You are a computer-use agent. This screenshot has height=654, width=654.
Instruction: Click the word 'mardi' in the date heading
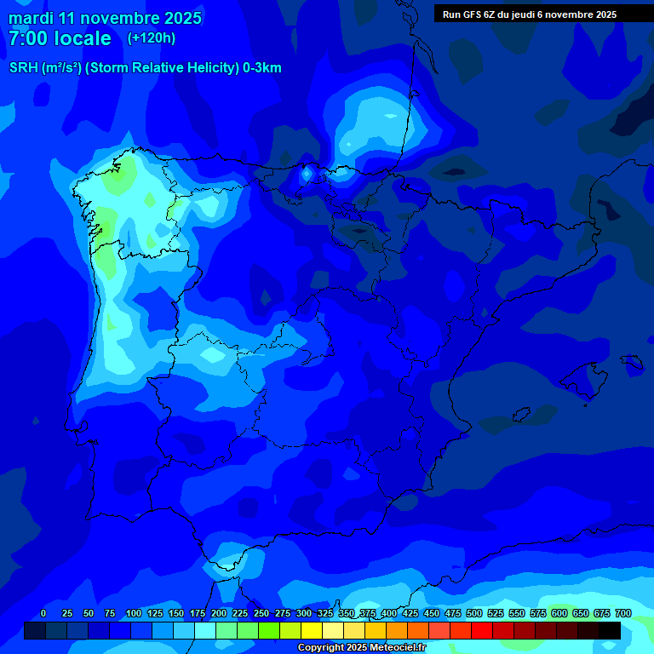click(x=31, y=18)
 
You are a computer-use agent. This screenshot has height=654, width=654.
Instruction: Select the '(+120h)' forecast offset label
click(x=151, y=38)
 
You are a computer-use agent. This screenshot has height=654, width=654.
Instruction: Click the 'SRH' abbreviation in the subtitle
click(x=23, y=68)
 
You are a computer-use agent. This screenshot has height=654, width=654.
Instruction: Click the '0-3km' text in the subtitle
click(x=262, y=68)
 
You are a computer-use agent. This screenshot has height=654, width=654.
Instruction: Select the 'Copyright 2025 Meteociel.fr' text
click(x=361, y=648)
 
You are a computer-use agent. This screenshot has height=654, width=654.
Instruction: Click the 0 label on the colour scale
click(x=43, y=613)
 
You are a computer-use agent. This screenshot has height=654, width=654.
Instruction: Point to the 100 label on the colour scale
click(x=133, y=613)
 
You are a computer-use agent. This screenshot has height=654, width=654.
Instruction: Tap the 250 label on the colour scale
click(x=261, y=613)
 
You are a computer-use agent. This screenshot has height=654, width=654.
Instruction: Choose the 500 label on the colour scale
click(x=474, y=613)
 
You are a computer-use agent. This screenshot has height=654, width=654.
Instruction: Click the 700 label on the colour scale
click(x=623, y=613)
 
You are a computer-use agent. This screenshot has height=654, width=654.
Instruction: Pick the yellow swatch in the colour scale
click(x=312, y=631)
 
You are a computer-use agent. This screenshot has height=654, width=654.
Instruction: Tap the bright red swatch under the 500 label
click(x=482, y=631)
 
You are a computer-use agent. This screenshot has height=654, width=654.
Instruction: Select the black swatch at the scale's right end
click(x=610, y=631)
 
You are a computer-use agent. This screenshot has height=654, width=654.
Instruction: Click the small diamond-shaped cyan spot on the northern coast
click(x=307, y=174)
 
